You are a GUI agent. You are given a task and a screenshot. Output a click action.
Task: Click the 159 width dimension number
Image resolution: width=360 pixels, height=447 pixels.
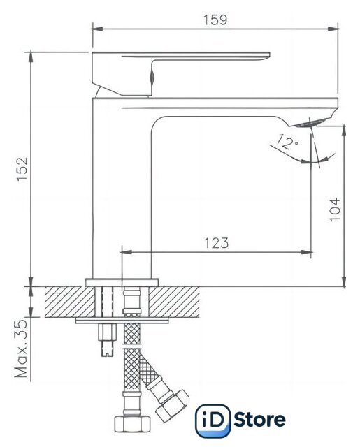coord(215,20)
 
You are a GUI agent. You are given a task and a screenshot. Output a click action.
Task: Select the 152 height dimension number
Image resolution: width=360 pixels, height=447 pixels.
coord(22,169)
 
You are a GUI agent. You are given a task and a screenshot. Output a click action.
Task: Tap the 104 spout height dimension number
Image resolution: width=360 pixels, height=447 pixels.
coord(335,210)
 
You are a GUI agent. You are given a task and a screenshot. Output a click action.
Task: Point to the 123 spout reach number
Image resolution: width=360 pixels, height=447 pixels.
coord(216,243)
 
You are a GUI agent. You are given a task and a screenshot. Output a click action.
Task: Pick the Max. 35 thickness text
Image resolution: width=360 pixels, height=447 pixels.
coord(21,348)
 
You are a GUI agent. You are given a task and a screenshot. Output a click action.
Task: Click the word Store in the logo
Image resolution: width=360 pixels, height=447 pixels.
coord(259,419)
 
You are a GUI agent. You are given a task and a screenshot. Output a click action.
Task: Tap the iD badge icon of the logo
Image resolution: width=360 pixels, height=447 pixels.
coord(213,420)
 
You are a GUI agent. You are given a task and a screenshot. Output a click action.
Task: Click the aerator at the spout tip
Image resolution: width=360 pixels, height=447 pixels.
coord(309,123)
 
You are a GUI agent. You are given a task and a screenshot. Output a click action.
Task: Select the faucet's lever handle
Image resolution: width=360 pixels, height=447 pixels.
coord(180,73)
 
